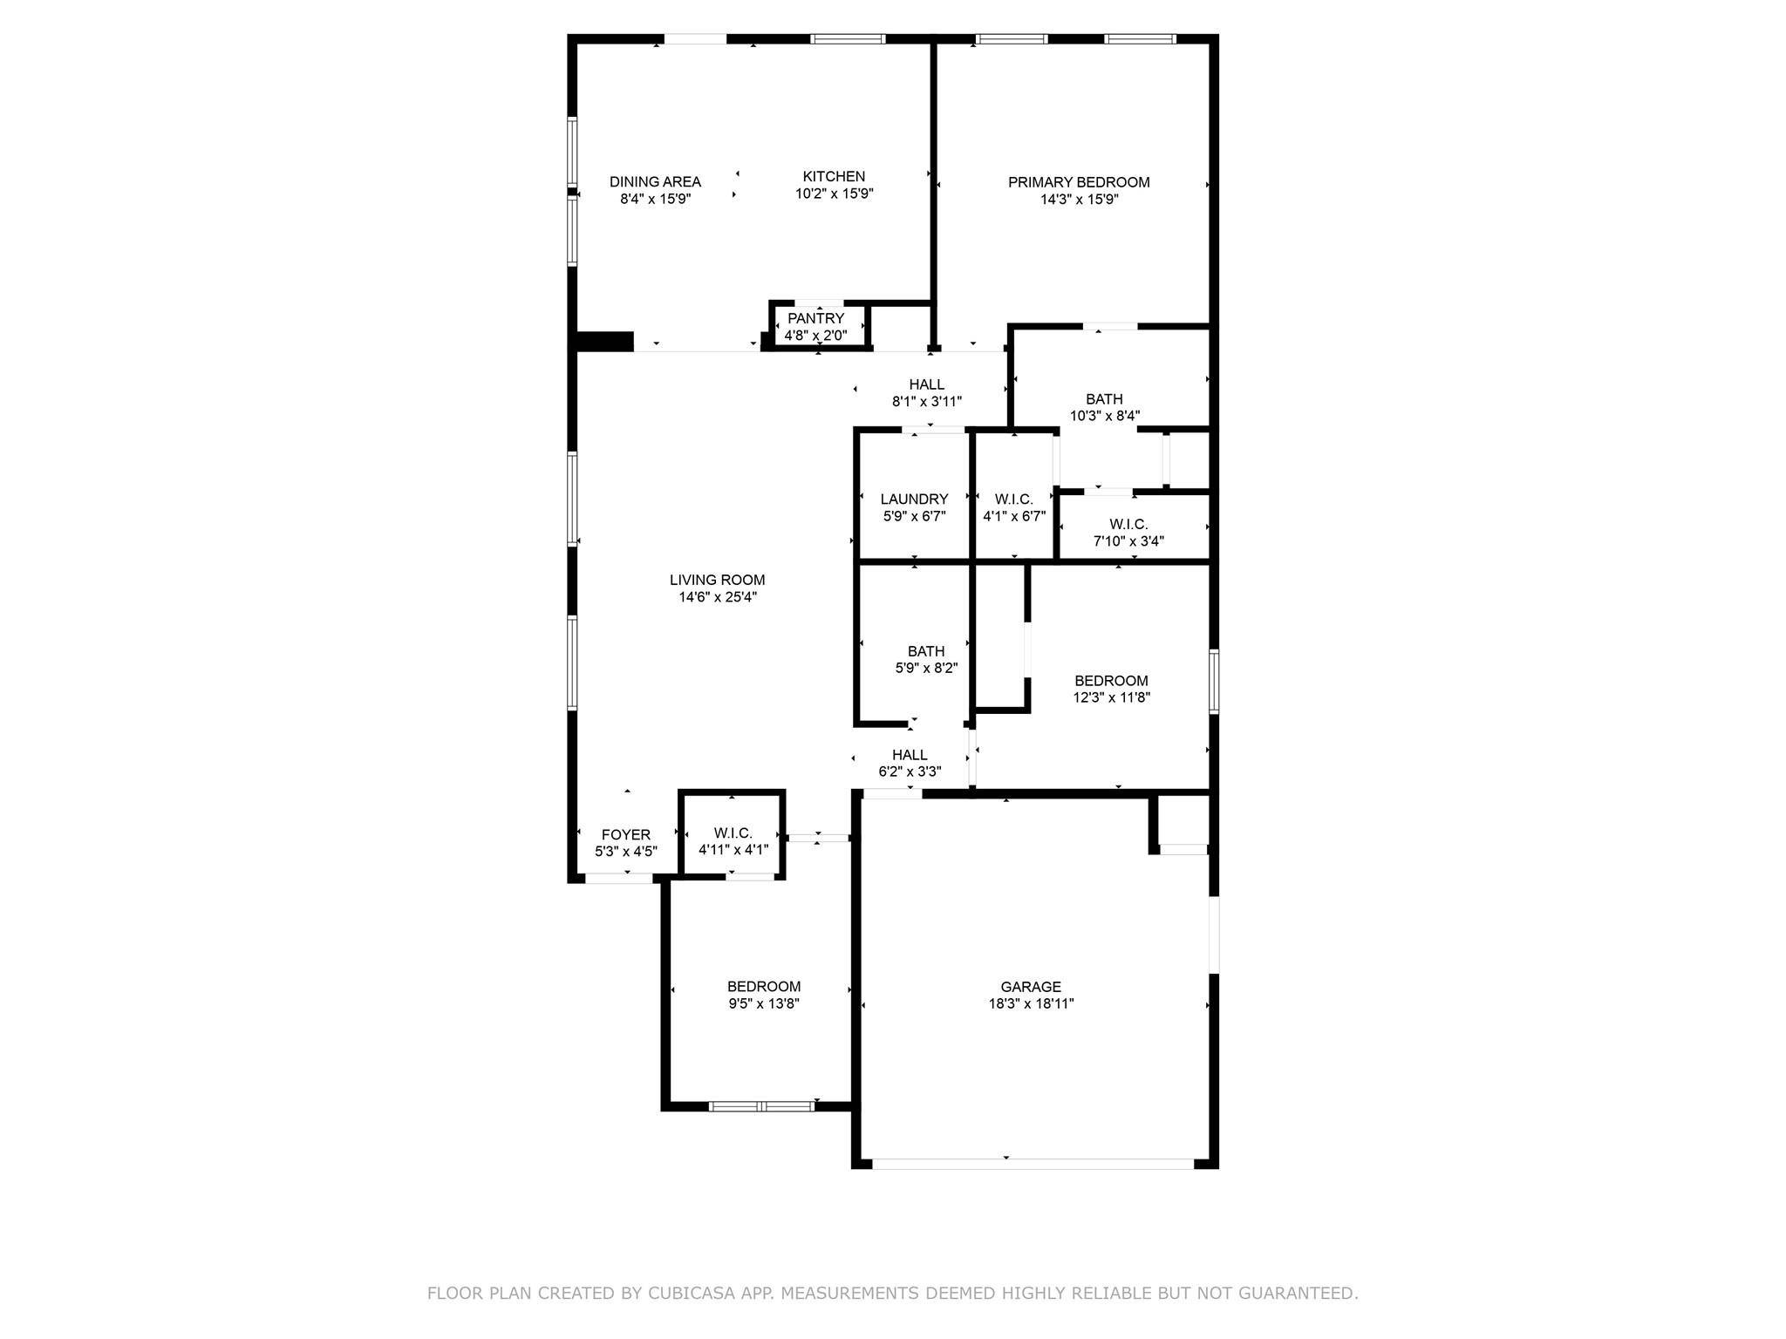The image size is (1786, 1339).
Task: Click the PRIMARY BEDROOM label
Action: coord(1079,182)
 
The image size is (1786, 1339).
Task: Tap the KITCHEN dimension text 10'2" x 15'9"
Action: coord(834,194)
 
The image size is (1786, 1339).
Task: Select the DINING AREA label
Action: coord(655,182)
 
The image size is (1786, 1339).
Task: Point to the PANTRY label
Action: coord(815,318)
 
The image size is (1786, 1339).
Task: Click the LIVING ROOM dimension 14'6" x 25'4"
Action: coord(718,597)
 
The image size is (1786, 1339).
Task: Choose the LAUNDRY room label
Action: coord(914,500)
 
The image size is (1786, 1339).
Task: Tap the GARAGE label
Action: coord(1031,987)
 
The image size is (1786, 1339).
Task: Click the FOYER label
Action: coord(625,835)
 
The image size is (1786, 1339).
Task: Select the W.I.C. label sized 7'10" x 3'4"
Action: coord(1128,524)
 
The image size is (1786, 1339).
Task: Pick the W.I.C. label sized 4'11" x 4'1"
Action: coord(733,833)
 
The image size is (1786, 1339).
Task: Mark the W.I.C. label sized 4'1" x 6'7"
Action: coord(1013,500)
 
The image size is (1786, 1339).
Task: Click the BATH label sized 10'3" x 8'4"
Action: coord(1104,399)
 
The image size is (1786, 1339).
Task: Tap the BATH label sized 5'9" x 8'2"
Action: coord(925,651)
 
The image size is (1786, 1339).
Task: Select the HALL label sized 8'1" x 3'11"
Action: coord(926,384)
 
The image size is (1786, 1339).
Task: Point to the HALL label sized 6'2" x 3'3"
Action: coord(910,755)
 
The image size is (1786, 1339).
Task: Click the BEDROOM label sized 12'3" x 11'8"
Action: coord(1111,681)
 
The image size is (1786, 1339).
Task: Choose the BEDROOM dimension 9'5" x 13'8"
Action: coord(764,1003)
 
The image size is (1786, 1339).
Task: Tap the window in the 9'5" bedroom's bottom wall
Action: coord(761,1106)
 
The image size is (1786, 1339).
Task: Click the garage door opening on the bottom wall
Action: coord(1033,1163)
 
